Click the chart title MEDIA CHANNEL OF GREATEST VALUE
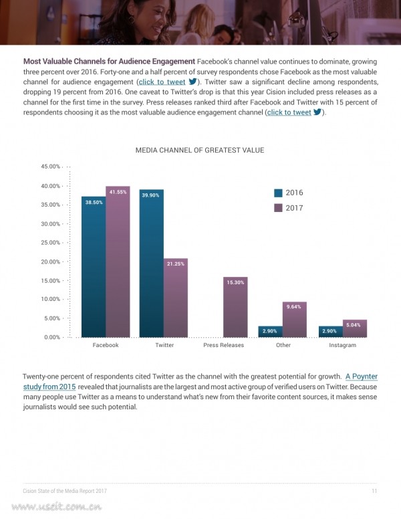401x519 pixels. coord(200,150)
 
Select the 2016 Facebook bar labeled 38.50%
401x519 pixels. coord(94,267)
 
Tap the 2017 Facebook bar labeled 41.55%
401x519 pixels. coord(118,262)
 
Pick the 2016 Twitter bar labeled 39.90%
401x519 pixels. coord(152,264)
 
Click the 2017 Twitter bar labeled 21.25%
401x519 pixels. coord(176,298)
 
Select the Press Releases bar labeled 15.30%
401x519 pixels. coord(235,307)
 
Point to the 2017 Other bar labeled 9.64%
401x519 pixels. coord(295,320)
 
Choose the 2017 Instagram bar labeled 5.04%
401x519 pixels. coord(355,328)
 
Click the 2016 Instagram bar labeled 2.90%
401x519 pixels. coord(331,332)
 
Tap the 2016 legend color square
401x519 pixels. coord(278,193)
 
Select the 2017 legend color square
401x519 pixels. coord(278,208)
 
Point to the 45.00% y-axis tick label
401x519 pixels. coord(51,167)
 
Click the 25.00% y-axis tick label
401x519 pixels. coord(51,243)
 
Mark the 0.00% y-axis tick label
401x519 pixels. coord(52,337)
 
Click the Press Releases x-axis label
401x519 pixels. coord(224,345)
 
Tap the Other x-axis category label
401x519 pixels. coord(283,345)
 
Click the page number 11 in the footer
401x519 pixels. coord(374,491)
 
